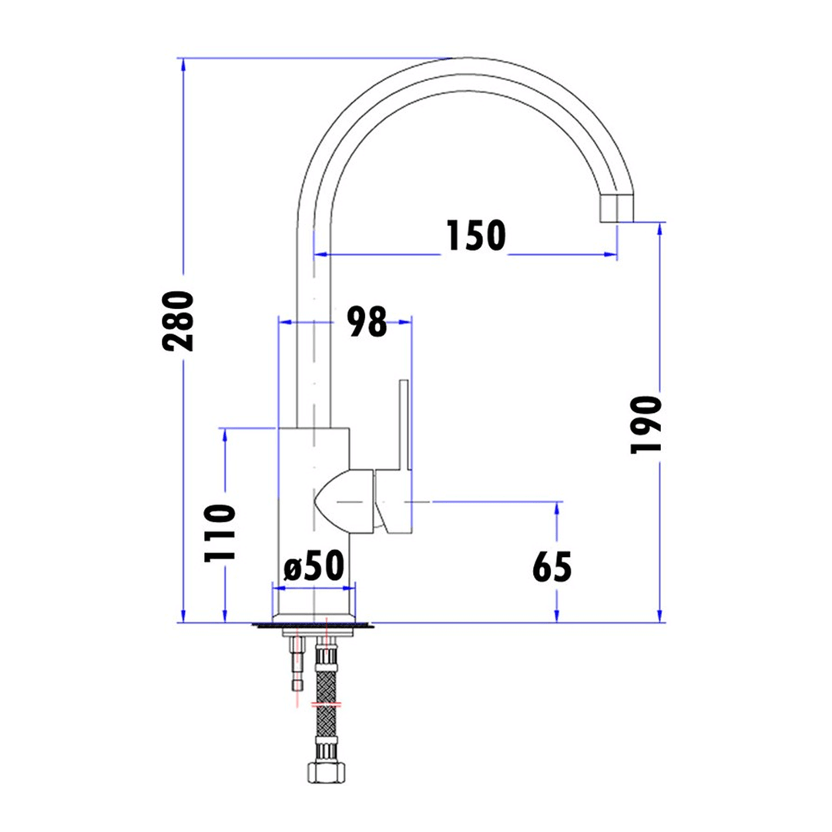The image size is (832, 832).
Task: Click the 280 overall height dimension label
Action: click(x=178, y=320)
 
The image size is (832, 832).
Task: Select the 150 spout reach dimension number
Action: click(x=476, y=236)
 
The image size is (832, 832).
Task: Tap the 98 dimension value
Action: click(x=367, y=321)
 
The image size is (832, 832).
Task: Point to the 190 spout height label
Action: click(x=646, y=424)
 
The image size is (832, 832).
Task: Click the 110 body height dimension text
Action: click(x=220, y=533)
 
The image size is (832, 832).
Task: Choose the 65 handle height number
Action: click(x=552, y=567)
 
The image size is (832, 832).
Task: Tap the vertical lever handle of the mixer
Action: click(x=405, y=424)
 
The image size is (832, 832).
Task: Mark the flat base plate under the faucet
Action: click(x=313, y=626)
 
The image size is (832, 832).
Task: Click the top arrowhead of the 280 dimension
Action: click(x=183, y=65)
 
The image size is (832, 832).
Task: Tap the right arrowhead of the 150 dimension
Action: click(x=611, y=255)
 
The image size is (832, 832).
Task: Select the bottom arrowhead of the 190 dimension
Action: click(x=659, y=616)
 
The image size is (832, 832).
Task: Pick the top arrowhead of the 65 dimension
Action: click(x=557, y=508)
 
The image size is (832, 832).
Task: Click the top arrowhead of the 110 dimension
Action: click(x=225, y=434)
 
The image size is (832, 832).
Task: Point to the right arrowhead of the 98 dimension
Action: click(x=405, y=321)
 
